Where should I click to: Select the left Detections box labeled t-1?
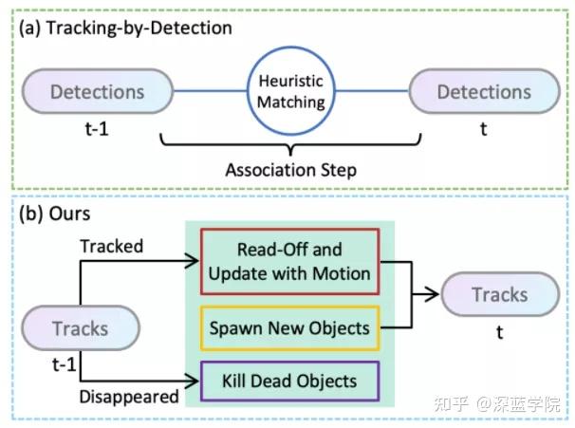98,92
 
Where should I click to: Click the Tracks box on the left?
81,329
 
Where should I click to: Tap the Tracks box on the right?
500,294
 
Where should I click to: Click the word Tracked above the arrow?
111,246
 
